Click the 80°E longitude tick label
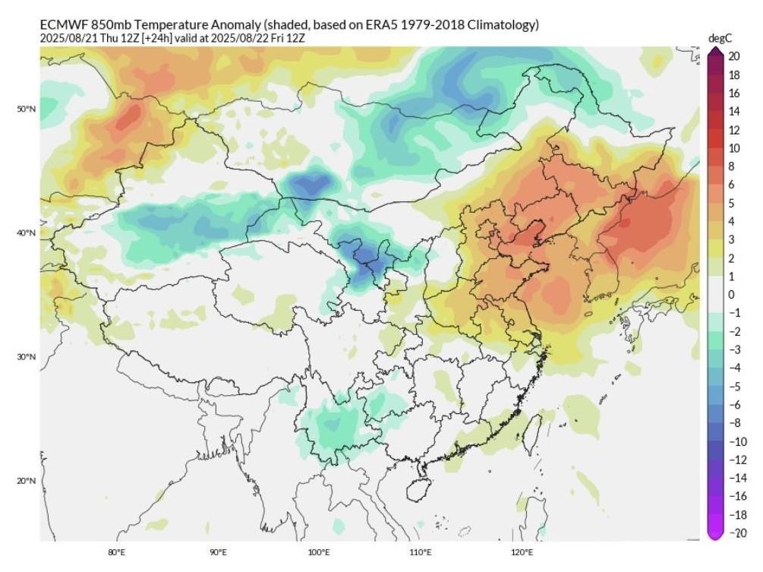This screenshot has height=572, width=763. pos(116,552)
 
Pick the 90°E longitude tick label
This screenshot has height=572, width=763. pos(218,552)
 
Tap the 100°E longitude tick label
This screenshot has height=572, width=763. pos(319,552)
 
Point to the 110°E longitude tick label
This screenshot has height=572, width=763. pos(421,552)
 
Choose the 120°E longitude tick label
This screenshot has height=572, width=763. pos(522,552)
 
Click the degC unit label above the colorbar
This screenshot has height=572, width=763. pos(719,37)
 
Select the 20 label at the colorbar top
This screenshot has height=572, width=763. pos(734,55)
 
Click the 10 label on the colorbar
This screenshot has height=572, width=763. pos(734,149)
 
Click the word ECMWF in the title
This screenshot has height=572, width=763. pos(63,25)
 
